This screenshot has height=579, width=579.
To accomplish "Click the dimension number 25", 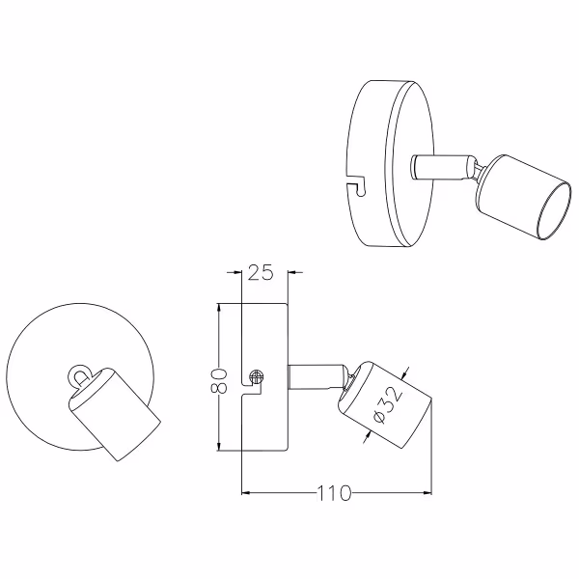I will [x=262, y=273].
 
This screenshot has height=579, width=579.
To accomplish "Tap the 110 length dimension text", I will [x=333, y=494].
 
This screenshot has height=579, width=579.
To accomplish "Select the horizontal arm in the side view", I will [x=316, y=376].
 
